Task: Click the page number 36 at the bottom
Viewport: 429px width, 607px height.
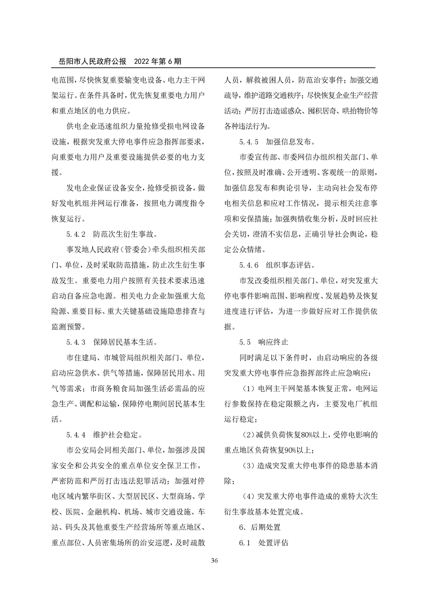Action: coord(214,561)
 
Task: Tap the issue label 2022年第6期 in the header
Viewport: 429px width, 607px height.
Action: coord(158,61)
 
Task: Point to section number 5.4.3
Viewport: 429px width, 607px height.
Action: coord(77,342)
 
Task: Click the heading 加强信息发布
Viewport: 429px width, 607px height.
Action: coord(290,141)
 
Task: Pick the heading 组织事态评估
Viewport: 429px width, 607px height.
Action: coord(290,265)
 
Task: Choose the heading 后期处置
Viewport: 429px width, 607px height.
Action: coord(265,527)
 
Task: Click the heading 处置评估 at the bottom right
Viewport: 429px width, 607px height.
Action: coord(273,543)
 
